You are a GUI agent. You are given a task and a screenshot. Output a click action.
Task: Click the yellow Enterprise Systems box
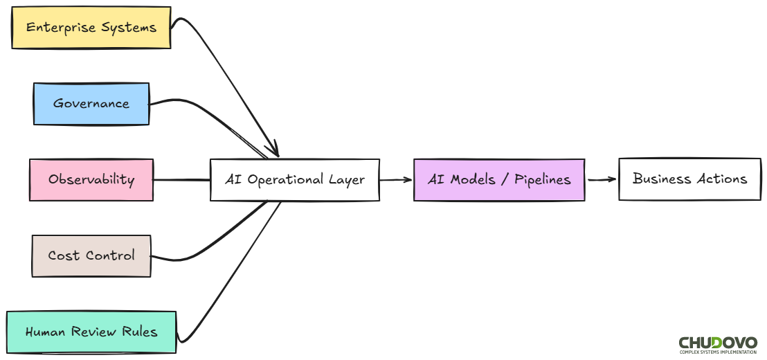(91, 28)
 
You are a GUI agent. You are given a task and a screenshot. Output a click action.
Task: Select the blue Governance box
(91, 104)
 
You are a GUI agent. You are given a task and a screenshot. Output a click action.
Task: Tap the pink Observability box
(91, 180)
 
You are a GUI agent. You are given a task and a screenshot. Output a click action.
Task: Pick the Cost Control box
(91, 255)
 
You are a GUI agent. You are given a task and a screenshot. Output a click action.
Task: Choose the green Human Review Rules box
(91, 332)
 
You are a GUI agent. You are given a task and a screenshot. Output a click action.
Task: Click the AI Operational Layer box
(295, 180)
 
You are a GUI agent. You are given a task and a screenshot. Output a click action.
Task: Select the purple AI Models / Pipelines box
(499, 180)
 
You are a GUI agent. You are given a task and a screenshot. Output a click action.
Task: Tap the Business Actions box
(690, 179)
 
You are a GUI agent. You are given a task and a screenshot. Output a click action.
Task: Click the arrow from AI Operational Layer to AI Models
(396, 180)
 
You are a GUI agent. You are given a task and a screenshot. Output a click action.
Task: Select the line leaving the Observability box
(181, 180)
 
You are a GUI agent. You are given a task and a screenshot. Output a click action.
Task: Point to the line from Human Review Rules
(228, 277)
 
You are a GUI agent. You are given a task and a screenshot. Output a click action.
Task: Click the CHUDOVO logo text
(718, 343)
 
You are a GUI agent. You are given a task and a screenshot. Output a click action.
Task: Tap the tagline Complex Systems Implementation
(718, 352)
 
